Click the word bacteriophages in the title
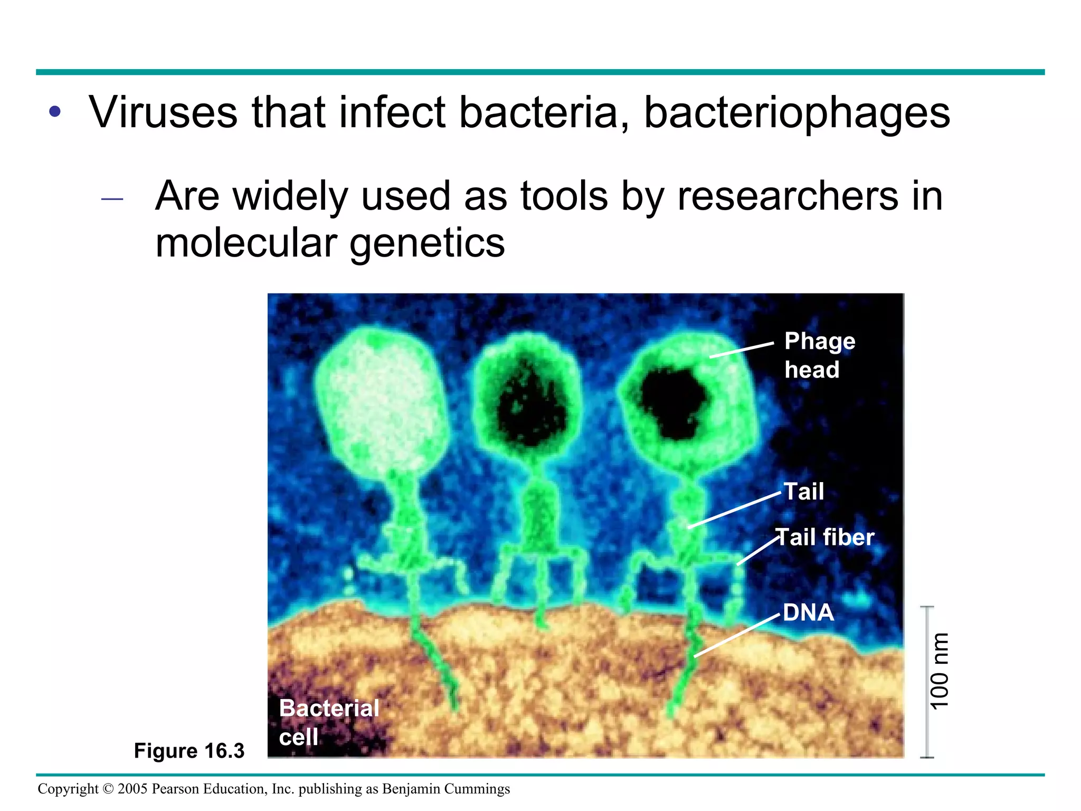(797, 114)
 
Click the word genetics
(427, 244)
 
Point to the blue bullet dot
(55, 112)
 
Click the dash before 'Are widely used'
(112, 200)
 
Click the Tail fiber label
(825, 537)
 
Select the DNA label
(808, 613)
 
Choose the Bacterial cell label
(328, 722)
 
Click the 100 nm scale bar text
(940, 671)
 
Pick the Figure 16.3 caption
(189, 751)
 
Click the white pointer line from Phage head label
(742, 350)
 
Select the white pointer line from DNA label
(737, 636)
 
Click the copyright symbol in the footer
(108, 789)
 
